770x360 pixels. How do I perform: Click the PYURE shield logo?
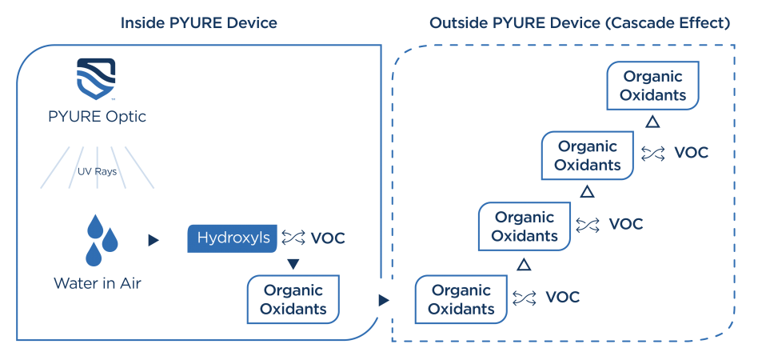[98, 78]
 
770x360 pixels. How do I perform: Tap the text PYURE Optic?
[98, 117]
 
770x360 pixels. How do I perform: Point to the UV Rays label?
[98, 170]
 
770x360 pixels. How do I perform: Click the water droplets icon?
[99, 239]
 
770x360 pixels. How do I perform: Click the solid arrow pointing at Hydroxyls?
[154, 240]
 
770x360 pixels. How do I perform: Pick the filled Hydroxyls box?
[233, 238]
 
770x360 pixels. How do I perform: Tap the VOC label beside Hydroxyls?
[328, 238]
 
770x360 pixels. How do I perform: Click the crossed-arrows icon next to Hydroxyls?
[293, 238]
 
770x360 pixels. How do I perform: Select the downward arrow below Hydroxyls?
[293, 264]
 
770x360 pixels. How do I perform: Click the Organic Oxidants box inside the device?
[293, 299]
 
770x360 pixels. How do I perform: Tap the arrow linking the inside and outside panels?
[384, 300]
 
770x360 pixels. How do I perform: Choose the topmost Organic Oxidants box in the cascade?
[652, 86]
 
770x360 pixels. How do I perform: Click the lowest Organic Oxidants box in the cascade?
[460, 299]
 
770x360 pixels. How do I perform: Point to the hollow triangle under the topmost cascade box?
[652, 122]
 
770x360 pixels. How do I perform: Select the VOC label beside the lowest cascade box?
[563, 298]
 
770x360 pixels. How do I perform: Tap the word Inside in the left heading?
[141, 23]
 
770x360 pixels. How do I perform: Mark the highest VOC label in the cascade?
[692, 153]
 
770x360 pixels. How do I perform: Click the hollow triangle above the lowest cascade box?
[523, 263]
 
